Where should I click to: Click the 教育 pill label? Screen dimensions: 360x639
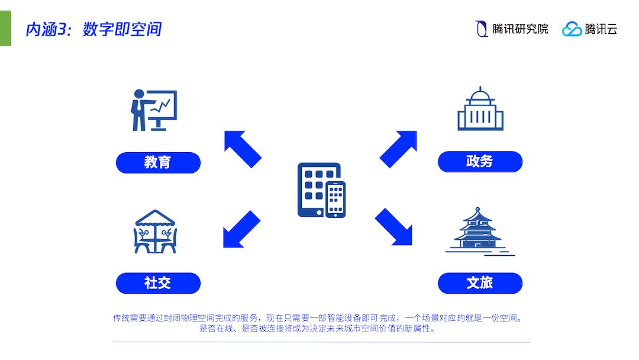158,162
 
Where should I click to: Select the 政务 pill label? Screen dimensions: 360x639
480,162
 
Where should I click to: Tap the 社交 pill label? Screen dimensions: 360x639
158,283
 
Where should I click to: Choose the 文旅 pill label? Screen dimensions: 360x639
480,283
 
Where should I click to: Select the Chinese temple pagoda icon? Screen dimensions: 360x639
479,231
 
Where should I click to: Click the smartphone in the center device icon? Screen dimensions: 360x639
335,199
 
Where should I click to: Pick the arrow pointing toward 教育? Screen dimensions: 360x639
242,149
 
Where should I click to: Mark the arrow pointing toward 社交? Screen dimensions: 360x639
241,229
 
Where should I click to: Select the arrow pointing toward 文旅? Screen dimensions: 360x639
393,226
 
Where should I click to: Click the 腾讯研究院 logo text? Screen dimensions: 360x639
520,29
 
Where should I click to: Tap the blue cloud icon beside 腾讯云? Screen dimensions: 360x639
572,29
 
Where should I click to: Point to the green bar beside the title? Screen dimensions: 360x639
5,27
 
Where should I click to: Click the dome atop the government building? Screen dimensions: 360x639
480,95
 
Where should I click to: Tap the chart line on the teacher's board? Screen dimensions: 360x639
162,107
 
